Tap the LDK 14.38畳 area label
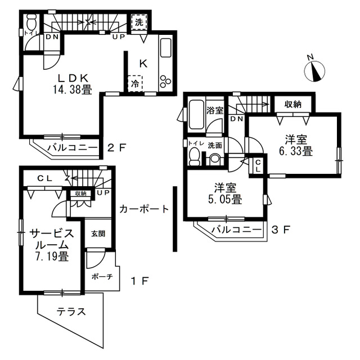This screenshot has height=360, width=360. (73, 84)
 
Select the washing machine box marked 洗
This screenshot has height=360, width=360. (139, 22)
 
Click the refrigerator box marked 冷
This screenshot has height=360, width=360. (135, 84)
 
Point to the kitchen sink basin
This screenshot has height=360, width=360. (166, 48)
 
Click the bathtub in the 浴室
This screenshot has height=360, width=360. (196, 114)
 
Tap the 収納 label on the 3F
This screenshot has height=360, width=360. (293, 105)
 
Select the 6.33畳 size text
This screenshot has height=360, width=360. (296, 151)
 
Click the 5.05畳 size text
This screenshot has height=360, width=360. (225, 200)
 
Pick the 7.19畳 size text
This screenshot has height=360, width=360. (52, 256)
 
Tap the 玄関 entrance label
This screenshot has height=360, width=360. (98, 234)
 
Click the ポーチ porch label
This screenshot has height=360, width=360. (102, 277)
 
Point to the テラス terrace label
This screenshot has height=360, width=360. (71, 312)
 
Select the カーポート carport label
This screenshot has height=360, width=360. (144, 209)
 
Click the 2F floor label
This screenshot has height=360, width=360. (117, 147)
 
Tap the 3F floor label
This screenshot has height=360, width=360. (281, 229)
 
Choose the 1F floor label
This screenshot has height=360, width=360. (140, 281)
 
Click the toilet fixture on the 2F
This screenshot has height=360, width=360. (31, 21)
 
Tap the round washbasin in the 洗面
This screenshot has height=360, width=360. (215, 159)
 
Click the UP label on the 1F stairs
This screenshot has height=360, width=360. (103, 193)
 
